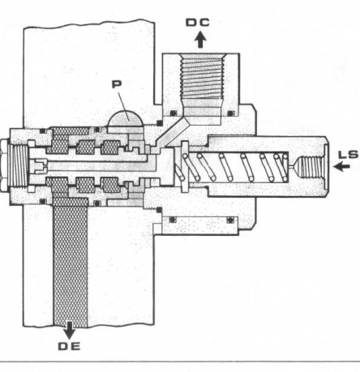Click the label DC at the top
point(198,23)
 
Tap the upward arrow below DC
point(200,40)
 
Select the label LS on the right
point(349,155)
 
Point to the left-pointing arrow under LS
point(342,166)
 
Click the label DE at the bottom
point(70,346)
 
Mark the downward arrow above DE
point(70,330)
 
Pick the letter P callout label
point(117,84)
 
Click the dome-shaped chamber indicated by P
point(125,119)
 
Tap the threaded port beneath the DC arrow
point(202,81)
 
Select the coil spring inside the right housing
point(233,167)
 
